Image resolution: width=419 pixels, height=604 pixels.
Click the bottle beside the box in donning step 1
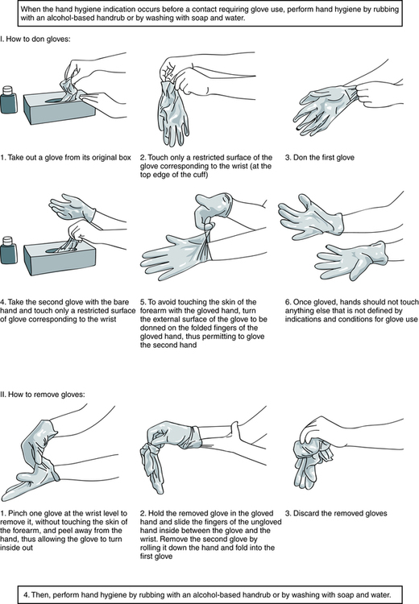click(x=9, y=100)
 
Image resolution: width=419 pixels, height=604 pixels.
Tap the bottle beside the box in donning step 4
click(x=9, y=250)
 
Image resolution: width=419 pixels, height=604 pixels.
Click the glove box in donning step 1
click(x=60, y=108)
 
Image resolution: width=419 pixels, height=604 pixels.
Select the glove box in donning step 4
click(x=60, y=259)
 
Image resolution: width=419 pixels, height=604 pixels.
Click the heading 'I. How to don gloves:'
click(x=35, y=39)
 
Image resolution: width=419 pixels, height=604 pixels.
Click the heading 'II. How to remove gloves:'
click(x=43, y=395)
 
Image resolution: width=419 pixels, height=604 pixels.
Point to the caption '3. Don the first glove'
click(x=320, y=158)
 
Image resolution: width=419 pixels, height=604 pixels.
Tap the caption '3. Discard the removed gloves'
click(x=336, y=514)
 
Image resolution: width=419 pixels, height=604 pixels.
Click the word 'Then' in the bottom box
click(x=40, y=595)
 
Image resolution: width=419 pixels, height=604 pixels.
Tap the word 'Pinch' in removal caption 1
click(x=18, y=514)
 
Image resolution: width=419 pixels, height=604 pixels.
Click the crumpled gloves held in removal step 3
click(x=312, y=462)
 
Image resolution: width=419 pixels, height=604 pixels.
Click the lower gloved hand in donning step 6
click(x=350, y=259)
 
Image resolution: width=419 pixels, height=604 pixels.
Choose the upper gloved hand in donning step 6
click(x=310, y=216)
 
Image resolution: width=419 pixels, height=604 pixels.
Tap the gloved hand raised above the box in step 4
click(x=73, y=207)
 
